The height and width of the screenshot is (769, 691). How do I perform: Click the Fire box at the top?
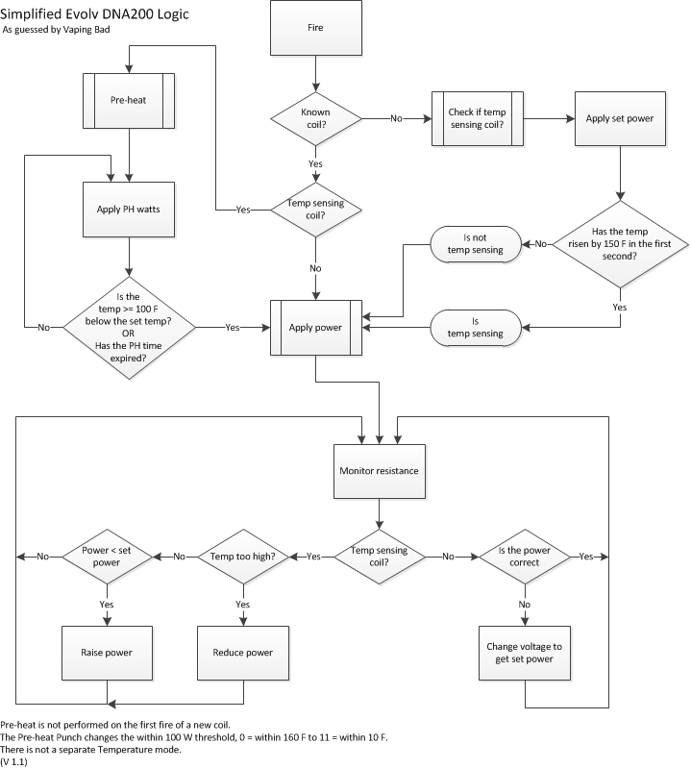315,28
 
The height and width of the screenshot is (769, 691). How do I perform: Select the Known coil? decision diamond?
315,118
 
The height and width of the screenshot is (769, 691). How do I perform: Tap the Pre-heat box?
129,98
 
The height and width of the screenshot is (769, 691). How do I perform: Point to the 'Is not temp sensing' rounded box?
476,244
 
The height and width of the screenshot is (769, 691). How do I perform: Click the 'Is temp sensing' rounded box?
476,327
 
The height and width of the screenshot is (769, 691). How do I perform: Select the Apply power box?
315,327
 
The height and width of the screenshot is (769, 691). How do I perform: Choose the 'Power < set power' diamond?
103,557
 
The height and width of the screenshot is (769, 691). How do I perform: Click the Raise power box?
103,653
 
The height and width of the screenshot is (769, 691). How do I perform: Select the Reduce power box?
242,653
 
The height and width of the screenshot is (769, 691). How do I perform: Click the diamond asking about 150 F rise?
620,244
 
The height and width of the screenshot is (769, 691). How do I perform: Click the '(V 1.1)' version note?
14,762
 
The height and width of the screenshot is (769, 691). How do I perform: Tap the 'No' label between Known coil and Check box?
395,118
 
